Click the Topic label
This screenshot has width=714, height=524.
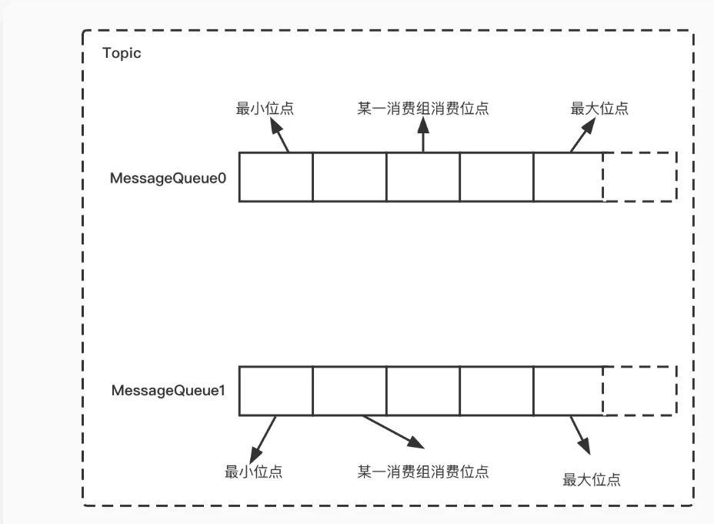pyautogui.click(x=122, y=54)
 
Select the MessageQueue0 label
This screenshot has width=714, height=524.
pyautogui.click(x=168, y=178)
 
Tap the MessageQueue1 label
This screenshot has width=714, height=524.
pyautogui.click(x=168, y=391)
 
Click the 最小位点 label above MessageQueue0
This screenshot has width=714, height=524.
pyautogui.click(x=264, y=109)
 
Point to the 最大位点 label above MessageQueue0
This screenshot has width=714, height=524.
pyautogui.click(x=599, y=109)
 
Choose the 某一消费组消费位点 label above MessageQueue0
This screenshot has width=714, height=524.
pyautogui.click(x=423, y=109)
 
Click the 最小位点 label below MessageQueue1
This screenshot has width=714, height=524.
pyautogui.click(x=253, y=472)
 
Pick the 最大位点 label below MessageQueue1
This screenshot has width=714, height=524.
pyautogui.click(x=592, y=480)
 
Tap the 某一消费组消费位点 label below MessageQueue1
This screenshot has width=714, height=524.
pyautogui.click(x=423, y=471)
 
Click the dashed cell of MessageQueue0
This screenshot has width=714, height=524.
pyautogui.click(x=639, y=176)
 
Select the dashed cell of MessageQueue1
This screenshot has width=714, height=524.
pyautogui.click(x=639, y=391)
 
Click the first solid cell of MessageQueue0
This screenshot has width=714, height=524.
pyautogui.click(x=275, y=176)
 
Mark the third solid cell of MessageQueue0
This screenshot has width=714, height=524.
pyautogui.click(x=423, y=176)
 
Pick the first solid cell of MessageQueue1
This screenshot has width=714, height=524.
pyautogui.click(x=275, y=391)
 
